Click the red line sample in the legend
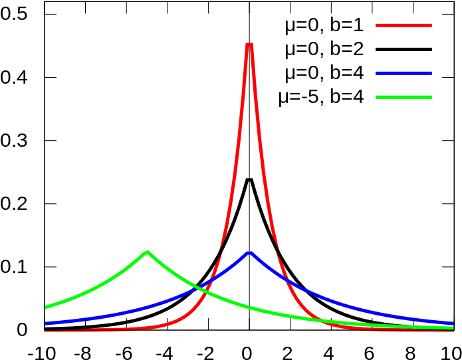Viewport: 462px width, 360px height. [x=404, y=25]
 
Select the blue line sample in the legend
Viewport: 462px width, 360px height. [x=404, y=73]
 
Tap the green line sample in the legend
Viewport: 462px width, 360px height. [x=404, y=97]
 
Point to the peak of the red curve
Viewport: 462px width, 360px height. [x=249, y=44]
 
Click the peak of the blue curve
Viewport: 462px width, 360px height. [x=249, y=252]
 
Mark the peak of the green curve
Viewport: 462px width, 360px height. [x=147, y=252]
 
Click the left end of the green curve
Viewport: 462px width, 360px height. [x=45, y=308]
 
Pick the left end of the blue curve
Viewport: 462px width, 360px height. [x=45, y=323]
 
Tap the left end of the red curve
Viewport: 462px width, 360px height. [x=45, y=331]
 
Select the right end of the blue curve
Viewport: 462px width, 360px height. [x=453, y=323]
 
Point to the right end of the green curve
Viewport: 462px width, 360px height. [x=453, y=327]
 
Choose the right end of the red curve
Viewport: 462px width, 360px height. [x=453, y=329]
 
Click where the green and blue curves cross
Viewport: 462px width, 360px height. [x=199, y=289]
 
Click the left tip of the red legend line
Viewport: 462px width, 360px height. [x=377, y=25]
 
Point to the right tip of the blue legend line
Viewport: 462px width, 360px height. [x=431, y=73]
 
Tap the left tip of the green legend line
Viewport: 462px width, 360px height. [x=377, y=97]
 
